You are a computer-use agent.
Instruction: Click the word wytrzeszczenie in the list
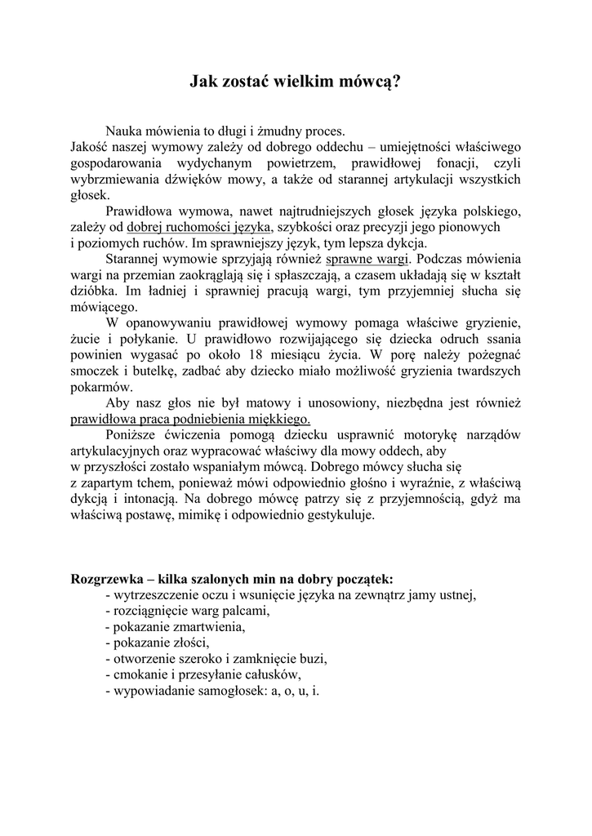[x=158, y=595]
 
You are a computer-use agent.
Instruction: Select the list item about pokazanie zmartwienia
[x=175, y=627]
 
